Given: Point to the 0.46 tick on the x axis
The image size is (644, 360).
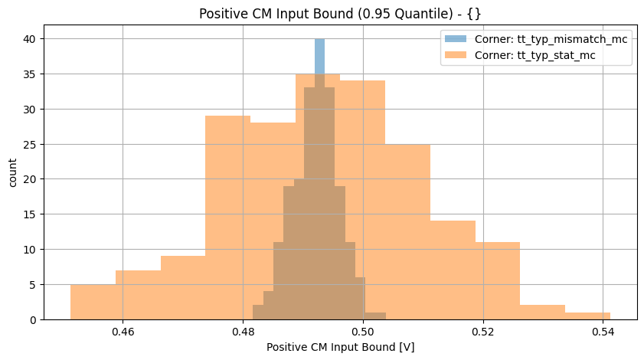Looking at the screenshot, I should pos(123,332).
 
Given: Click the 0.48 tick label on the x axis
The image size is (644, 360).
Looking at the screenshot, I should pos(243,332).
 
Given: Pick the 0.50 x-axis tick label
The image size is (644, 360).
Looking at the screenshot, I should pos(362,332).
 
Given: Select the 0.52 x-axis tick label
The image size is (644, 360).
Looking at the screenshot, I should pos(482,332).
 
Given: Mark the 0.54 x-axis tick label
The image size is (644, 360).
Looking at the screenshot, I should pos(603,332).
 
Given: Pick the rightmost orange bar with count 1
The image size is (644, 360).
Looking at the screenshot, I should pos(587,316).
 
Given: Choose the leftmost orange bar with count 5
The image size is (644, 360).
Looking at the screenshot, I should pos(93,302).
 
